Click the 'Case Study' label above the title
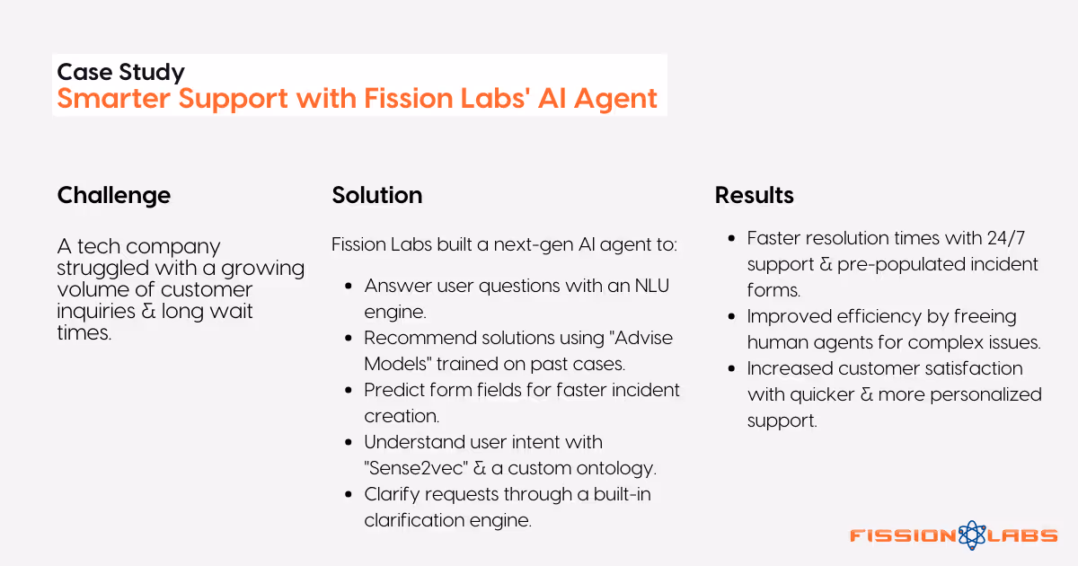coord(120,72)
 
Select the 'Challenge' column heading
coord(113,195)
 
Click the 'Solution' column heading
coord(376,195)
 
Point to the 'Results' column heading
coord(754,195)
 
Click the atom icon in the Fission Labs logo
coord(972,535)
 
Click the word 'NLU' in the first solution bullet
coord(652,286)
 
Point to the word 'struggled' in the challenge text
coord(99,268)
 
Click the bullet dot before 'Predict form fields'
coord(348,390)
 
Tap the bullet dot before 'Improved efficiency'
coord(730,316)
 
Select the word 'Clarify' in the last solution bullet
coord(392,494)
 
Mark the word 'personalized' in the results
coord(986,394)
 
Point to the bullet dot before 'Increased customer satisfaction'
coord(730,368)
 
